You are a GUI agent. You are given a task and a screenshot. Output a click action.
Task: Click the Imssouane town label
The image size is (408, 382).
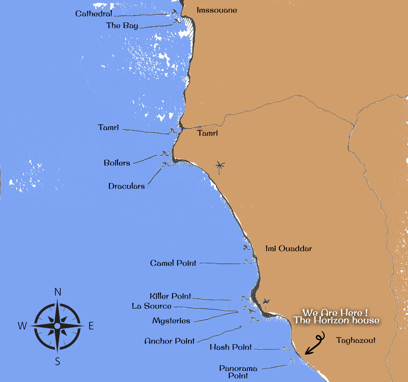(217, 10)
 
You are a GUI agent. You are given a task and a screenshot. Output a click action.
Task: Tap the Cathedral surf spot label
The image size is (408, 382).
(93, 14)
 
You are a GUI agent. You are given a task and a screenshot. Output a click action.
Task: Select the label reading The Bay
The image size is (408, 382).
(122, 26)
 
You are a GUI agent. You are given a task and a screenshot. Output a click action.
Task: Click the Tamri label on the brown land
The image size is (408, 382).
(207, 133)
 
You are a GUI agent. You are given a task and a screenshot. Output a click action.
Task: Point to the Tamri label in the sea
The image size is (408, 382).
(108, 128)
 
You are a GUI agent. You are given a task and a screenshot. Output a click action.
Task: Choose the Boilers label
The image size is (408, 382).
(117, 163)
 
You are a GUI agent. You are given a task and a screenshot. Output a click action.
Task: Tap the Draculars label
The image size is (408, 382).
(126, 186)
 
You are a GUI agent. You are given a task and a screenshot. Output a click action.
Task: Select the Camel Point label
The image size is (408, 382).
(173, 263)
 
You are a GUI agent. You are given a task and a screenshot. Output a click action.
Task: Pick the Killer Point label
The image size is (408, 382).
(170, 296)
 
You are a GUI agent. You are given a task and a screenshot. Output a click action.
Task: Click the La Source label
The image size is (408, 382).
(151, 306)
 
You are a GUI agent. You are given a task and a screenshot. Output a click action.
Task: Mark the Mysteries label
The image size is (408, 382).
(171, 321)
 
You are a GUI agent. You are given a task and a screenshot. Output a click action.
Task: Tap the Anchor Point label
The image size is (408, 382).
(169, 341)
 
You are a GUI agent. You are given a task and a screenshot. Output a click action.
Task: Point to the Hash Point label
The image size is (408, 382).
(231, 347)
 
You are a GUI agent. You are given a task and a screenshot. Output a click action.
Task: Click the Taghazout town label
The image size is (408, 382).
(356, 340)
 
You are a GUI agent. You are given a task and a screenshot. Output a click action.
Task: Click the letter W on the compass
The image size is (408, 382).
(22, 326)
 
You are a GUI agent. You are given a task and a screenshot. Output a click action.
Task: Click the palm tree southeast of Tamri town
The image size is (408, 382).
(220, 167)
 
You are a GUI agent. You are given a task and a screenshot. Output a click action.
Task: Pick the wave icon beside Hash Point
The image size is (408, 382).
(285, 349)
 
